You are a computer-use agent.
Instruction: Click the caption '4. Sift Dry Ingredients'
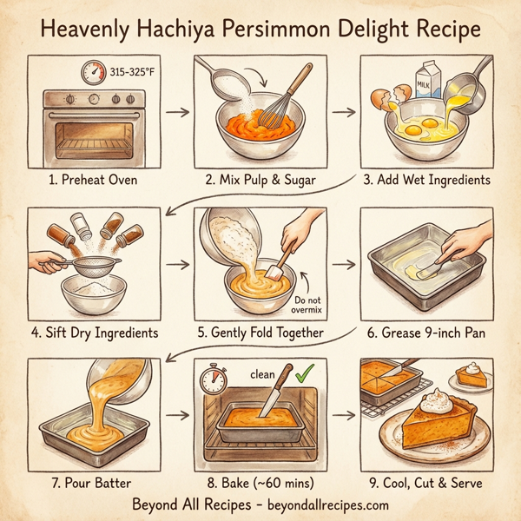(x=96, y=332)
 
